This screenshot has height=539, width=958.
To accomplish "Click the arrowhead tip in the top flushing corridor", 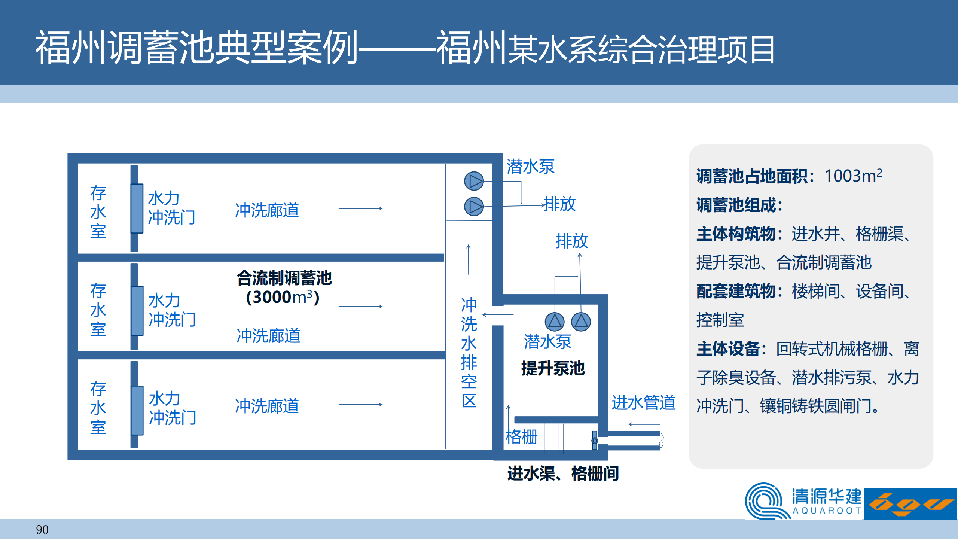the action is (382, 208).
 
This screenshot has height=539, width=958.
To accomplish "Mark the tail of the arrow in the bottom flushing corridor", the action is (339, 405).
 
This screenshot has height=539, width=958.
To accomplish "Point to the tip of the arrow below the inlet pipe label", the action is (629, 424).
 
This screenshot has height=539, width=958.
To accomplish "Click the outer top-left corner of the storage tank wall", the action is (68, 153).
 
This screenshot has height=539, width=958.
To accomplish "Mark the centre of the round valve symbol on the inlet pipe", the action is (595, 441).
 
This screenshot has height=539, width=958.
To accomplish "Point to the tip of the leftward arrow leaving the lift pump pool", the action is (483, 315).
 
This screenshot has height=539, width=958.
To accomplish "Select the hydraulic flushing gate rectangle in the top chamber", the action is (137, 208).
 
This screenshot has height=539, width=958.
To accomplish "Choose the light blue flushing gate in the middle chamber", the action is (137, 311).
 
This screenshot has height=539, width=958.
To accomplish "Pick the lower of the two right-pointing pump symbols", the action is (474, 207).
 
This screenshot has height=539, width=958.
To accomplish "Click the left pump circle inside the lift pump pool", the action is (554, 322).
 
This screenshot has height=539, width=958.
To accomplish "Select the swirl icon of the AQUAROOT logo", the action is (766, 501).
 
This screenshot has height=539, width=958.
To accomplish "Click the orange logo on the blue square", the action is (911, 504).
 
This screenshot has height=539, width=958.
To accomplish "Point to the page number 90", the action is (42, 530).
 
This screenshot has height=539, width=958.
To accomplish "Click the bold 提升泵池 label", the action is (553, 368).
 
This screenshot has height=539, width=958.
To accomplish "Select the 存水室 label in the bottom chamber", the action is (98, 408).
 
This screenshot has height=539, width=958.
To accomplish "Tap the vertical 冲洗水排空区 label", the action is (469, 352).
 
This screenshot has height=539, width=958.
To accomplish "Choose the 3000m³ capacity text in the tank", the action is (283, 297).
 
